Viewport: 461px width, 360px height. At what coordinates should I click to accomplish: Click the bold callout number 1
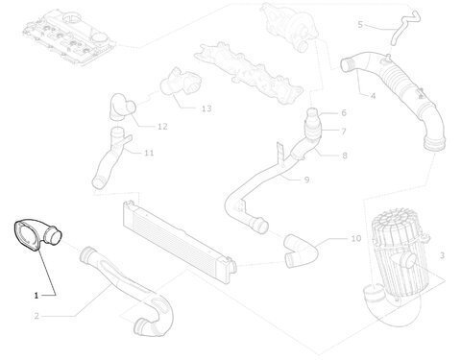click(x=36, y=296)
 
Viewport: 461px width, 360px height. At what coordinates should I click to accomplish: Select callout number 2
click(x=36, y=316)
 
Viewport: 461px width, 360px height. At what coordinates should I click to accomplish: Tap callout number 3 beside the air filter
click(x=442, y=255)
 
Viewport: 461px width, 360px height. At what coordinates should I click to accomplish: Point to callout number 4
click(x=373, y=95)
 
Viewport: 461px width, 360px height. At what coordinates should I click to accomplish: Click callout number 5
click(x=360, y=24)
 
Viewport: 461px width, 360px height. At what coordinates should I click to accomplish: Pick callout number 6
click(x=344, y=112)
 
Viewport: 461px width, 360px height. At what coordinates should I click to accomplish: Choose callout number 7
click(x=344, y=132)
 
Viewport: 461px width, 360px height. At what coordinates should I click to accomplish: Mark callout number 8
click(x=345, y=156)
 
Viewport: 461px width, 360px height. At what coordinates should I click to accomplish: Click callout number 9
click(x=306, y=180)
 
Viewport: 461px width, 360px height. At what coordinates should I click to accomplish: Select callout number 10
click(x=356, y=238)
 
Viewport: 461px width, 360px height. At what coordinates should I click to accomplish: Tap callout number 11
click(x=149, y=153)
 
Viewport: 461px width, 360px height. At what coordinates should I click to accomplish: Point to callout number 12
click(x=162, y=127)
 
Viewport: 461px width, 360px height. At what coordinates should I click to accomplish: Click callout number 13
click(x=206, y=108)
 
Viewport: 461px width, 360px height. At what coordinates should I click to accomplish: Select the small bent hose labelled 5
click(x=404, y=27)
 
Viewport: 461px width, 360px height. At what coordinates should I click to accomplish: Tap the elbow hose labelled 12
click(x=123, y=108)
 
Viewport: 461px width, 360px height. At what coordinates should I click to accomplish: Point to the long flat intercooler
click(x=180, y=237)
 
